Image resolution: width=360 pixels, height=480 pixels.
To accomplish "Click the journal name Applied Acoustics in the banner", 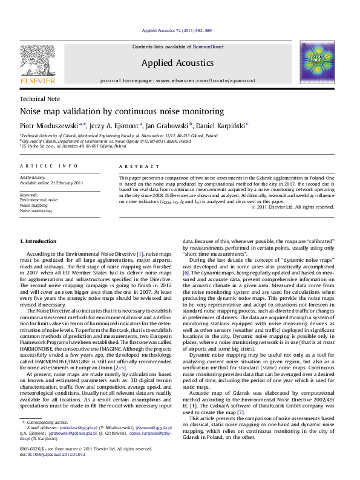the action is pos(178,62).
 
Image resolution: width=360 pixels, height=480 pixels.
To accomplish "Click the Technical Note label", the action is pos(37,99).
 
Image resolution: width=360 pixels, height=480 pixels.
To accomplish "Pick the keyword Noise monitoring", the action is pos(34,211).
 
